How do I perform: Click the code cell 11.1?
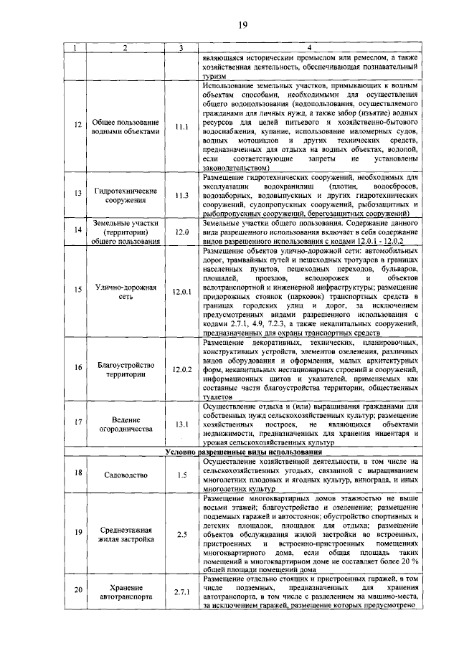(181, 127)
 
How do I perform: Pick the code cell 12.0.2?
(181, 369)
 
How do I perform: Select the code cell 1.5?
(181, 475)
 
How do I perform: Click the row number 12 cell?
(77, 127)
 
